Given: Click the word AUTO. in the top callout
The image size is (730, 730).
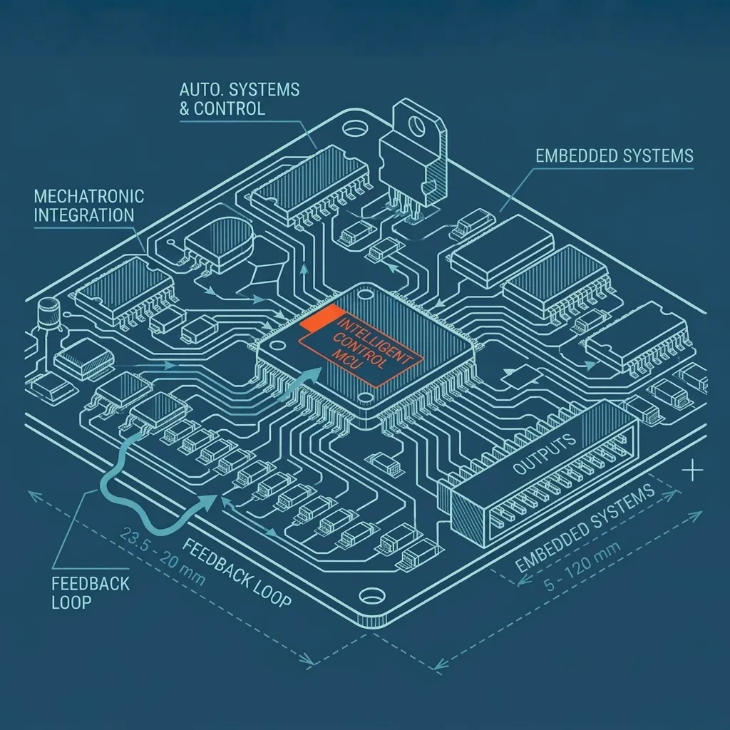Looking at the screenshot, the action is coord(195,89).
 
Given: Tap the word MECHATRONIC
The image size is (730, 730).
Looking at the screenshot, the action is coord(89,197).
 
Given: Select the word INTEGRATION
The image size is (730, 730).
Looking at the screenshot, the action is coord(84,215).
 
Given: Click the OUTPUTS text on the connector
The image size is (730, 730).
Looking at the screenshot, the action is coord(544,454).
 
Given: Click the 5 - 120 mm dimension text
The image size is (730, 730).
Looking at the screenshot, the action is coord(582,565).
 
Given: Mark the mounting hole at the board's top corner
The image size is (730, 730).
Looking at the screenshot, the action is coord(355,128).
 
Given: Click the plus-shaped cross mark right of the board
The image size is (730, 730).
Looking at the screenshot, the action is coord(694,471).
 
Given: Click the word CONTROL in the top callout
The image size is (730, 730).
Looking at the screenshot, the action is coord(229,108).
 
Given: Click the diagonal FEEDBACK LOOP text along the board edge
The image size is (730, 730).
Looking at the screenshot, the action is coord(237,573).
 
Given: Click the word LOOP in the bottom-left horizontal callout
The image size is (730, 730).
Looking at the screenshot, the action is coord(71,602).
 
